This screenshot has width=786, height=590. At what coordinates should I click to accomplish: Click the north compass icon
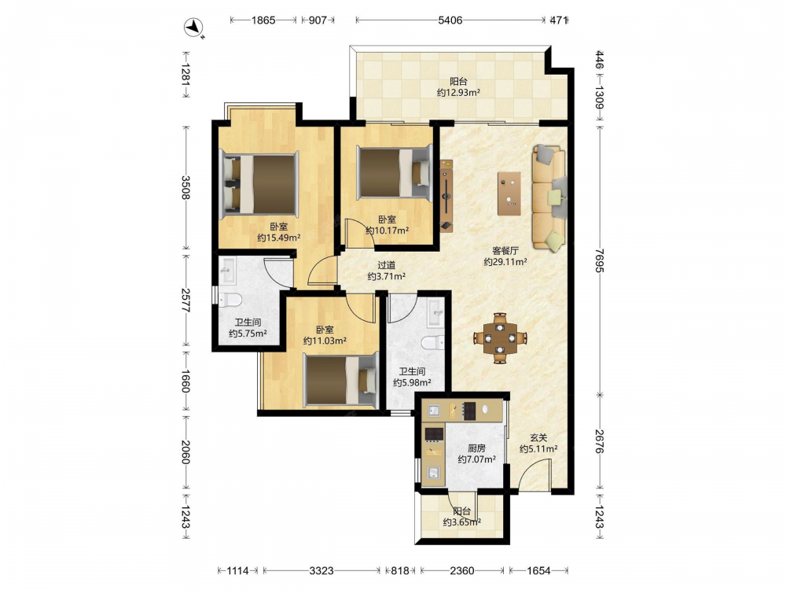(193, 28)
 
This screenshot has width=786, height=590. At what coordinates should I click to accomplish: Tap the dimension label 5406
(450, 20)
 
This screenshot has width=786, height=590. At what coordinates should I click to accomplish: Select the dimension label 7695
(600, 260)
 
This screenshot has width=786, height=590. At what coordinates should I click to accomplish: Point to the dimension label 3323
(321, 570)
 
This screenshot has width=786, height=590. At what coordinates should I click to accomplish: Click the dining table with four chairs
(500, 338)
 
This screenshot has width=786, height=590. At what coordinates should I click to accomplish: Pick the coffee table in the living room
(509, 194)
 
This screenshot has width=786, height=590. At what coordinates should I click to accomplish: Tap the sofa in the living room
(549, 197)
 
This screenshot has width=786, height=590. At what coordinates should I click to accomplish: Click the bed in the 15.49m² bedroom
(259, 184)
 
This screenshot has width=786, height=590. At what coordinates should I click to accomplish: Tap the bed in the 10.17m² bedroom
(395, 172)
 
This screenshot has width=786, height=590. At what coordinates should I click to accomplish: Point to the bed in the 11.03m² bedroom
(341, 379)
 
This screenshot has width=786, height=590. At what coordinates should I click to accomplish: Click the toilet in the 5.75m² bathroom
(230, 300)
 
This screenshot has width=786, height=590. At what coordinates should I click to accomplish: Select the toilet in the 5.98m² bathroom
(432, 343)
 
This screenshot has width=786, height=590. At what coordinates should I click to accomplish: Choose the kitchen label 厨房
(477, 448)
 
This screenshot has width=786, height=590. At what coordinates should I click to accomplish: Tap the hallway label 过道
(387, 265)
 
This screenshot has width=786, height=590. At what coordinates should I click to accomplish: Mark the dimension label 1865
(263, 20)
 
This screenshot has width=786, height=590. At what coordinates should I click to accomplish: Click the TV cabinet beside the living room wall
(446, 196)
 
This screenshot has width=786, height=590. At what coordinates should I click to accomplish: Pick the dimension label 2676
(600, 441)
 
